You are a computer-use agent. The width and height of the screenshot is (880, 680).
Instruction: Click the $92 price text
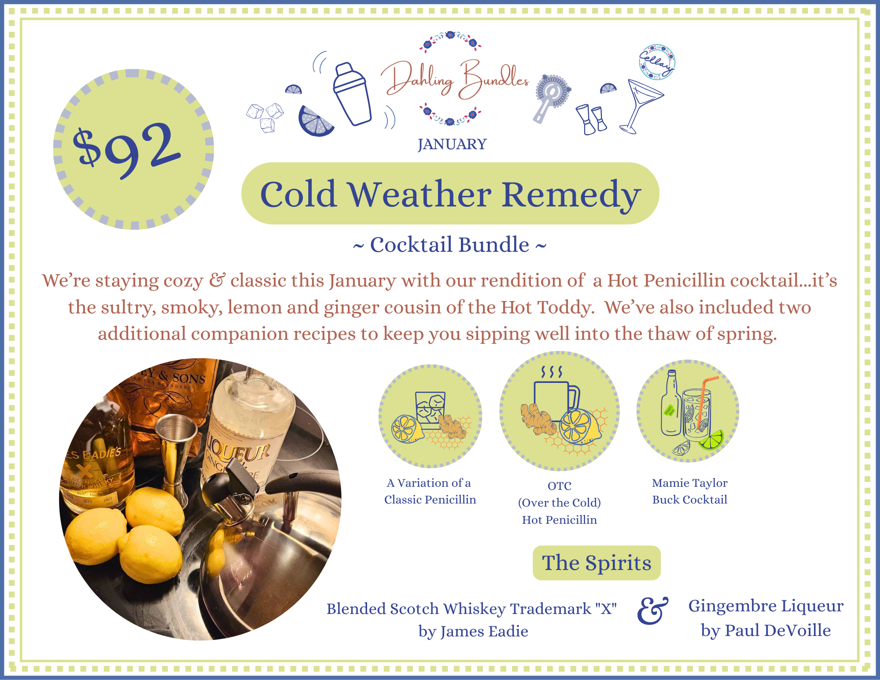click(x=127, y=149)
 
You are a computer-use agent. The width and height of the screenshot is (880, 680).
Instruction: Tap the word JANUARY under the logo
click(x=452, y=144)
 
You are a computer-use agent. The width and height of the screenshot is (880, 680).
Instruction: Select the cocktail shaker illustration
click(x=352, y=94)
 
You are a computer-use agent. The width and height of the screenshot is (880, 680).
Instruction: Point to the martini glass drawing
click(x=641, y=106)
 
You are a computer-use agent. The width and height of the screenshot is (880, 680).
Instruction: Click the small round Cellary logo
click(x=657, y=62)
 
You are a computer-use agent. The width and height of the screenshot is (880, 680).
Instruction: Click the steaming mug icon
click(x=556, y=392)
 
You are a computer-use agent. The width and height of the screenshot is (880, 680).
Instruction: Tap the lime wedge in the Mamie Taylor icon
click(x=711, y=440)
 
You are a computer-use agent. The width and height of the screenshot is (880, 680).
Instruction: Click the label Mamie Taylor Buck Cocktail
click(x=689, y=491)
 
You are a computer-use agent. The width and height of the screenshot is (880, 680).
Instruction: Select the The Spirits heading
click(x=596, y=563)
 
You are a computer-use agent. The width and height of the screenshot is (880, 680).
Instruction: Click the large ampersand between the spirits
click(x=652, y=610)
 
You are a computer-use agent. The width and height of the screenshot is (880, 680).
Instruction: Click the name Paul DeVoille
click(x=778, y=630)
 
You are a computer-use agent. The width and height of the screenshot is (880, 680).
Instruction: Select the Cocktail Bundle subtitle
click(x=449, y=245)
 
